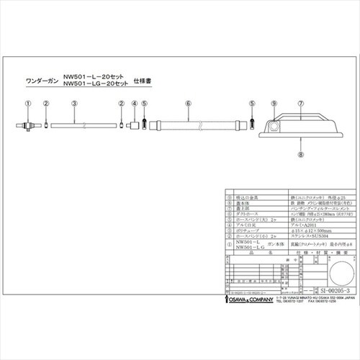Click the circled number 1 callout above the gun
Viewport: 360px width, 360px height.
point(27,104)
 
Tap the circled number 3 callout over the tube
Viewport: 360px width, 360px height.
point(75,104)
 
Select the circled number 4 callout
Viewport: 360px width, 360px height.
point(134,104)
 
